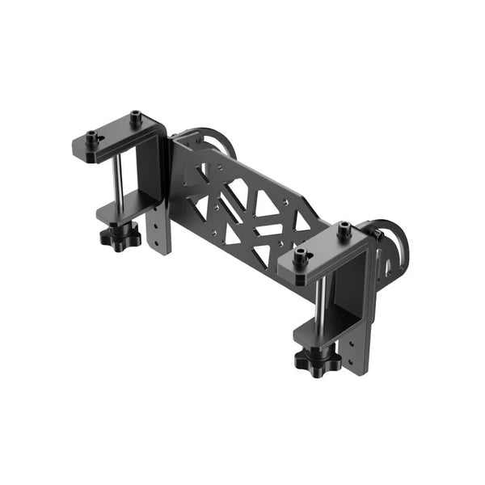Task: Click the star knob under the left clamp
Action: coord(120,237)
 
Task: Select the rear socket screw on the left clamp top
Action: coord(134,119)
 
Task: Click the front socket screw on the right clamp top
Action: coord(302,258)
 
